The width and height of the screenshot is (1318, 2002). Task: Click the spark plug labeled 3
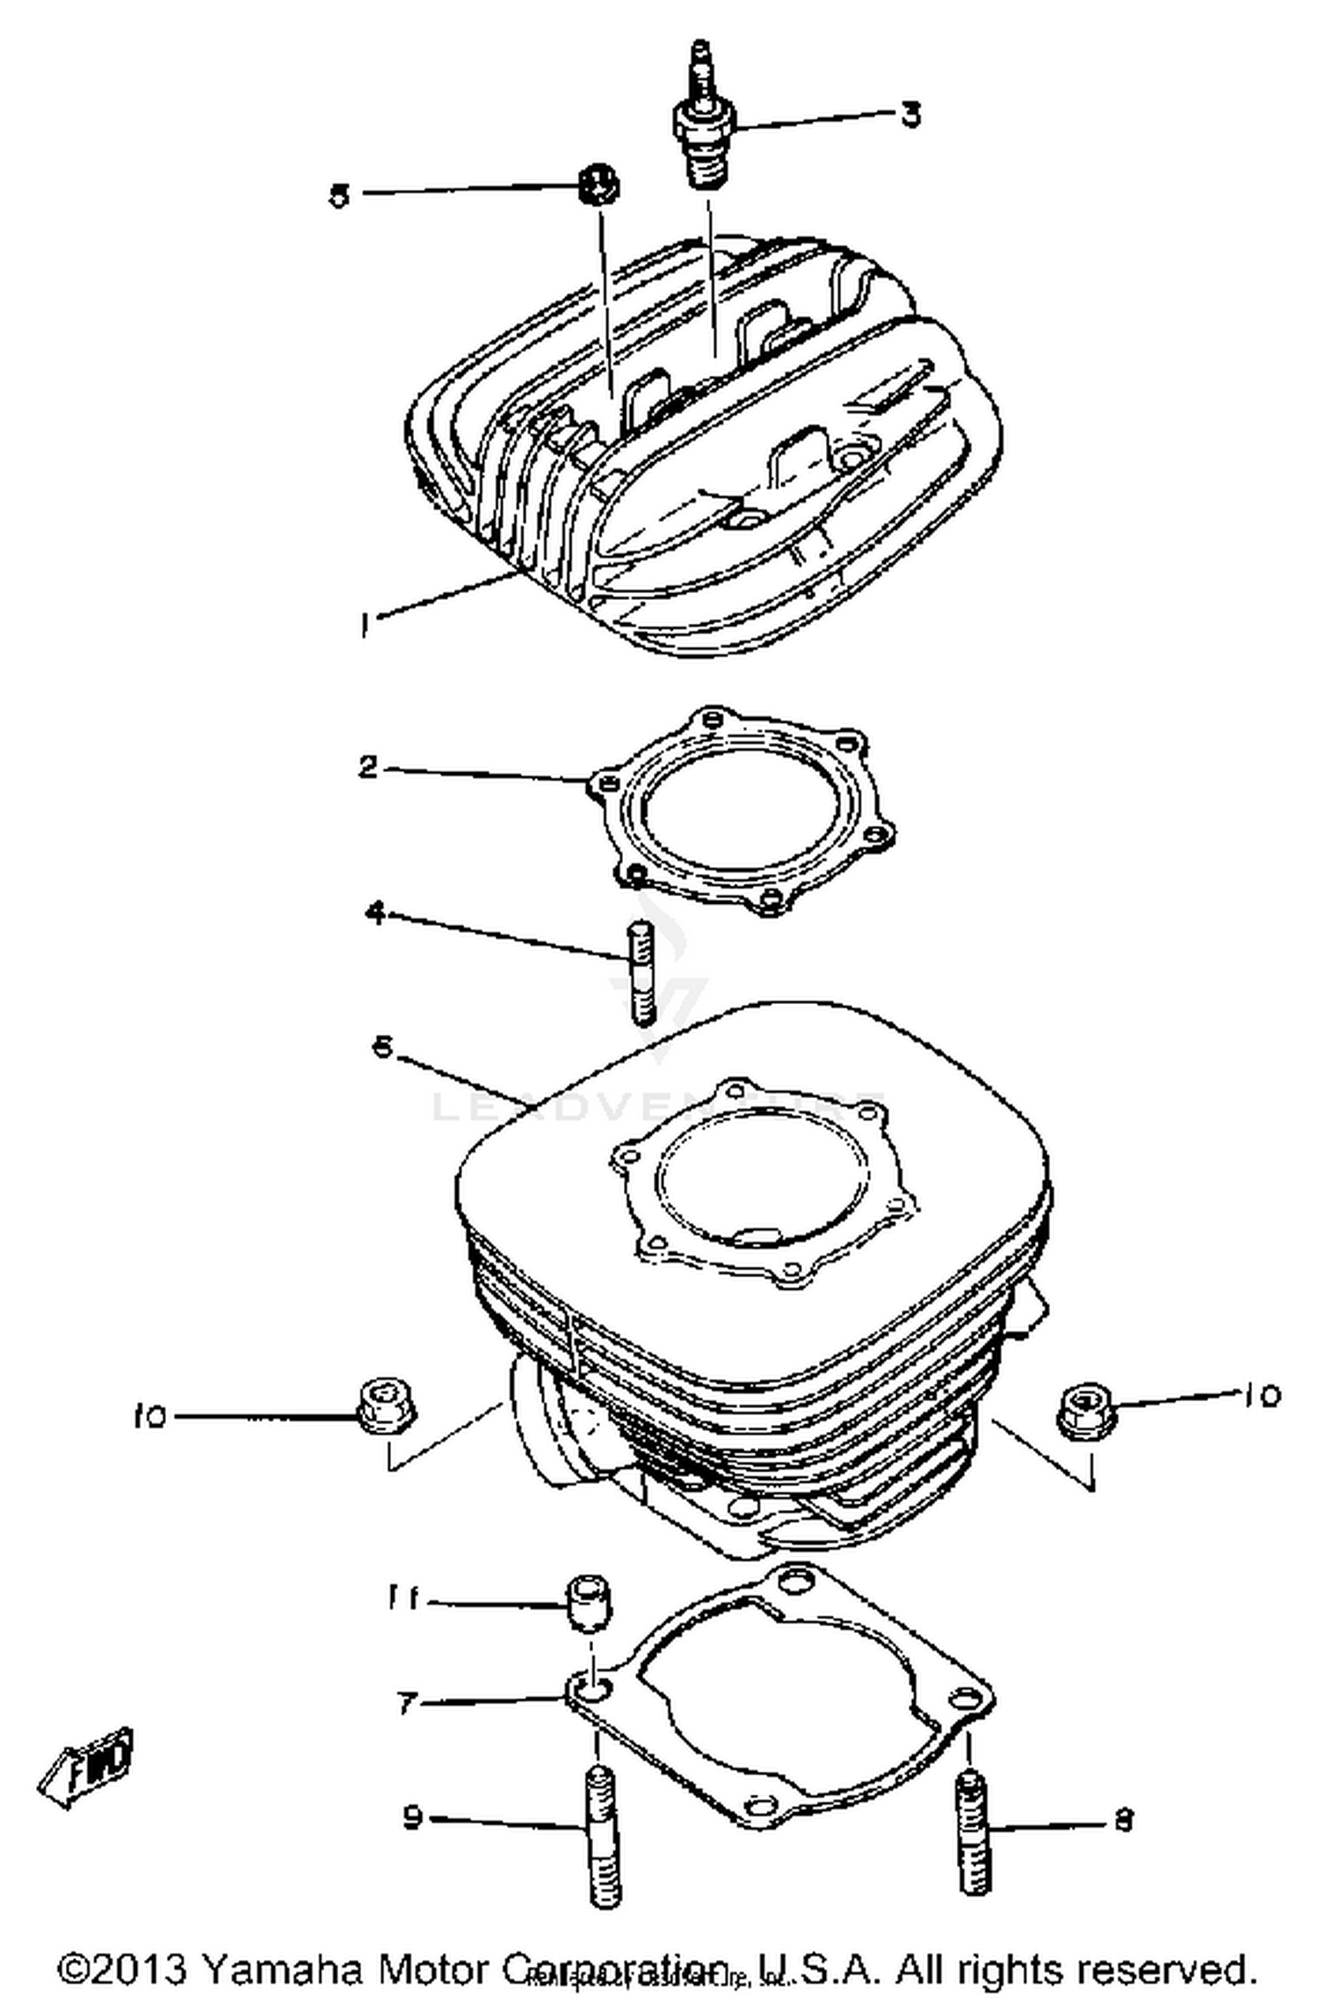(x=704, y=132)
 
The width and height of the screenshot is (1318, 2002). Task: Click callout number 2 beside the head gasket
(x=369, y=766)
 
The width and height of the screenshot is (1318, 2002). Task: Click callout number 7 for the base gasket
(x=406, y=1703)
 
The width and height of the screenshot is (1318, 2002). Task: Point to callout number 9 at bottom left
(x=413, y=1816)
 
